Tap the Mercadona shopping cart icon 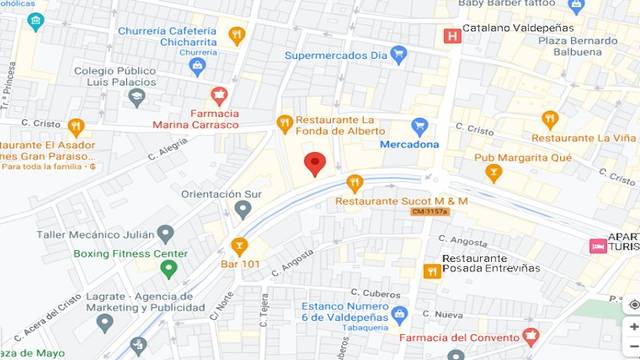[x=420, y=127]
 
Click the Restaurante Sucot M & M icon [x=354, y=183]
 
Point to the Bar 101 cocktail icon [x=239, y=245]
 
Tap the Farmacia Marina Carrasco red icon [x=220, y=96]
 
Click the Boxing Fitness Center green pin [x=168, y=269]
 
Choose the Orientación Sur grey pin [x=243, y=210]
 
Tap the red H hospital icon [x=453, y=36]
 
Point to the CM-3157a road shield [x=432, y=211]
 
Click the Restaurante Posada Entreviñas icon [x=431, y=270]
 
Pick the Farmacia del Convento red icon [x=531, y=335]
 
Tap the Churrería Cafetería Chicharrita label [x=166, y=37]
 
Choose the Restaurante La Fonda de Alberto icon [x=284, y=123]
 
